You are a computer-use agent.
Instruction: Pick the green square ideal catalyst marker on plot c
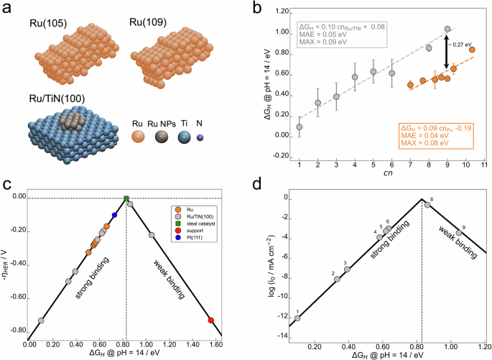pos(126,198)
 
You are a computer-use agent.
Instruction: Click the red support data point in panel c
pos(211,320)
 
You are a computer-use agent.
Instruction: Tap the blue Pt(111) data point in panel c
pos(115,215)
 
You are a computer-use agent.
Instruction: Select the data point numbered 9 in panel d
pos(458,233)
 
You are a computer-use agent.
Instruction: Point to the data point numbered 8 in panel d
pos(427,205)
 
